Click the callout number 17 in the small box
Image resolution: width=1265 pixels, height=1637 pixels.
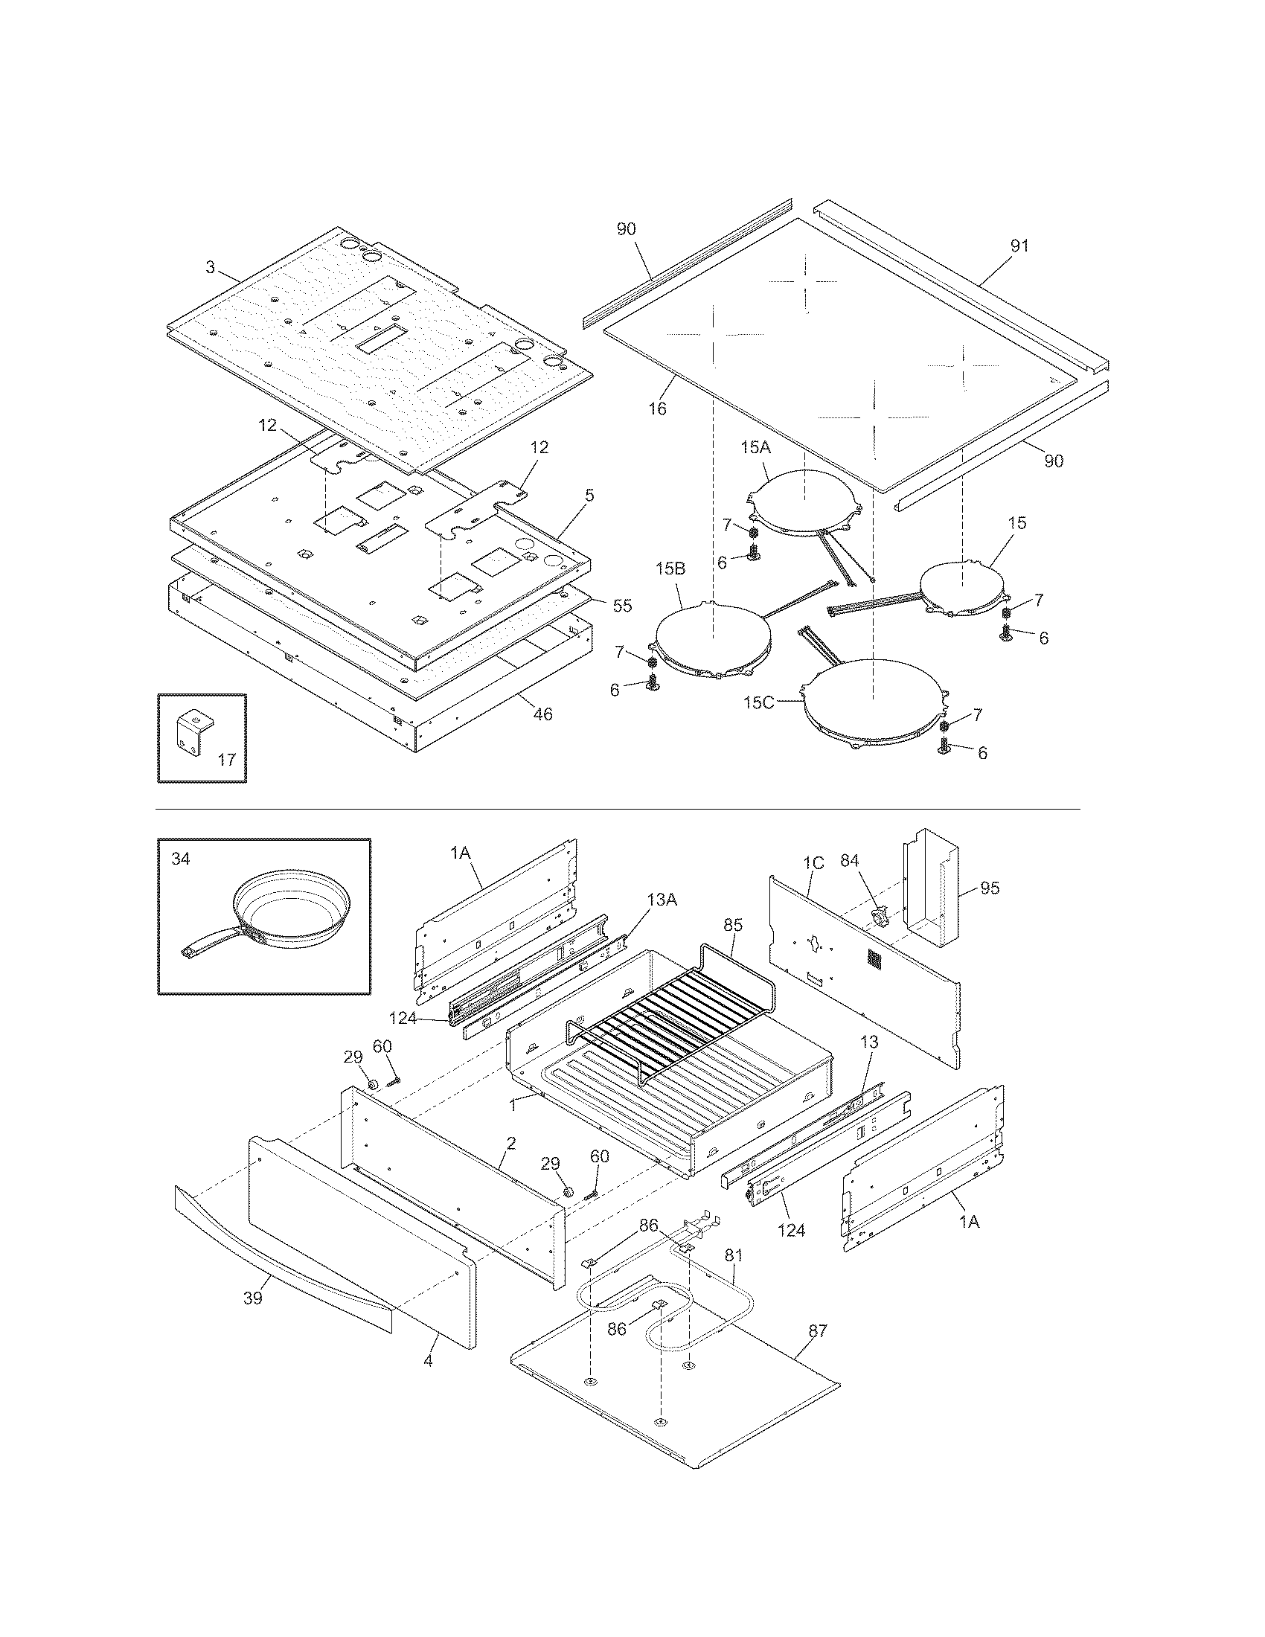tap(227, 759)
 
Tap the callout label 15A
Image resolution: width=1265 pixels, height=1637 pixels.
tap(755, 447)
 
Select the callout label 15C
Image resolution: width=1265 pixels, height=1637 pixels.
tap(758, 702)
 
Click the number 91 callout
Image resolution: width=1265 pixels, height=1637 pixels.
tap(1019, 246)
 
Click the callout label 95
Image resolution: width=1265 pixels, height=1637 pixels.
tap(989, 888)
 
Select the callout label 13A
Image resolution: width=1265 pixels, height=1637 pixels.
tap(661, 900)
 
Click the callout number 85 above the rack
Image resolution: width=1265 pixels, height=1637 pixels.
tap(733, 926)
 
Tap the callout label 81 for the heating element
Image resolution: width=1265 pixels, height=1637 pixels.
tap(734, 1255)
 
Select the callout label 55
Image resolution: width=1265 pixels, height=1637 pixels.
tap(622, 606)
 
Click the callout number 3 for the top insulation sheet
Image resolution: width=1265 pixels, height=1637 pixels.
tap(211, 267)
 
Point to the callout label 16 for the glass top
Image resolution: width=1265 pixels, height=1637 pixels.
tap(657, 409)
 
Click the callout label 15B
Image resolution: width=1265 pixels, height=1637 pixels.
tap(670, 569)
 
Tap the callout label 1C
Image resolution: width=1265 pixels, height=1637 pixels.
tap(813, 863)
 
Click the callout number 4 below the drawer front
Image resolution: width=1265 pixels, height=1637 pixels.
tap(428, 1360)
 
